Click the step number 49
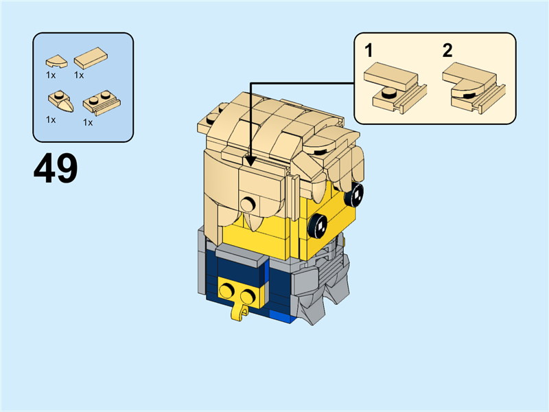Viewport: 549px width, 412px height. (x=56, y=168)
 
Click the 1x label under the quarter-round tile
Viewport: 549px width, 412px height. (x=51, y=74)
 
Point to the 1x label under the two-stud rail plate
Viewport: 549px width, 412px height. (x=88, y=122)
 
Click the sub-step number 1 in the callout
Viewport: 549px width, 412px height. (x=369, y=50)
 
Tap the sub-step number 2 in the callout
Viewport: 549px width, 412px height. (x=447, y=50)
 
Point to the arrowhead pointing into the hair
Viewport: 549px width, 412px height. (x=250, y=161)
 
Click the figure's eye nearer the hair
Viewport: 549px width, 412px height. (x=318, y=223)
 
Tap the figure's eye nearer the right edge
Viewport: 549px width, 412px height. (x=356, y=196)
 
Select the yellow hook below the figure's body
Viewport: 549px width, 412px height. (x=239, y=312)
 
